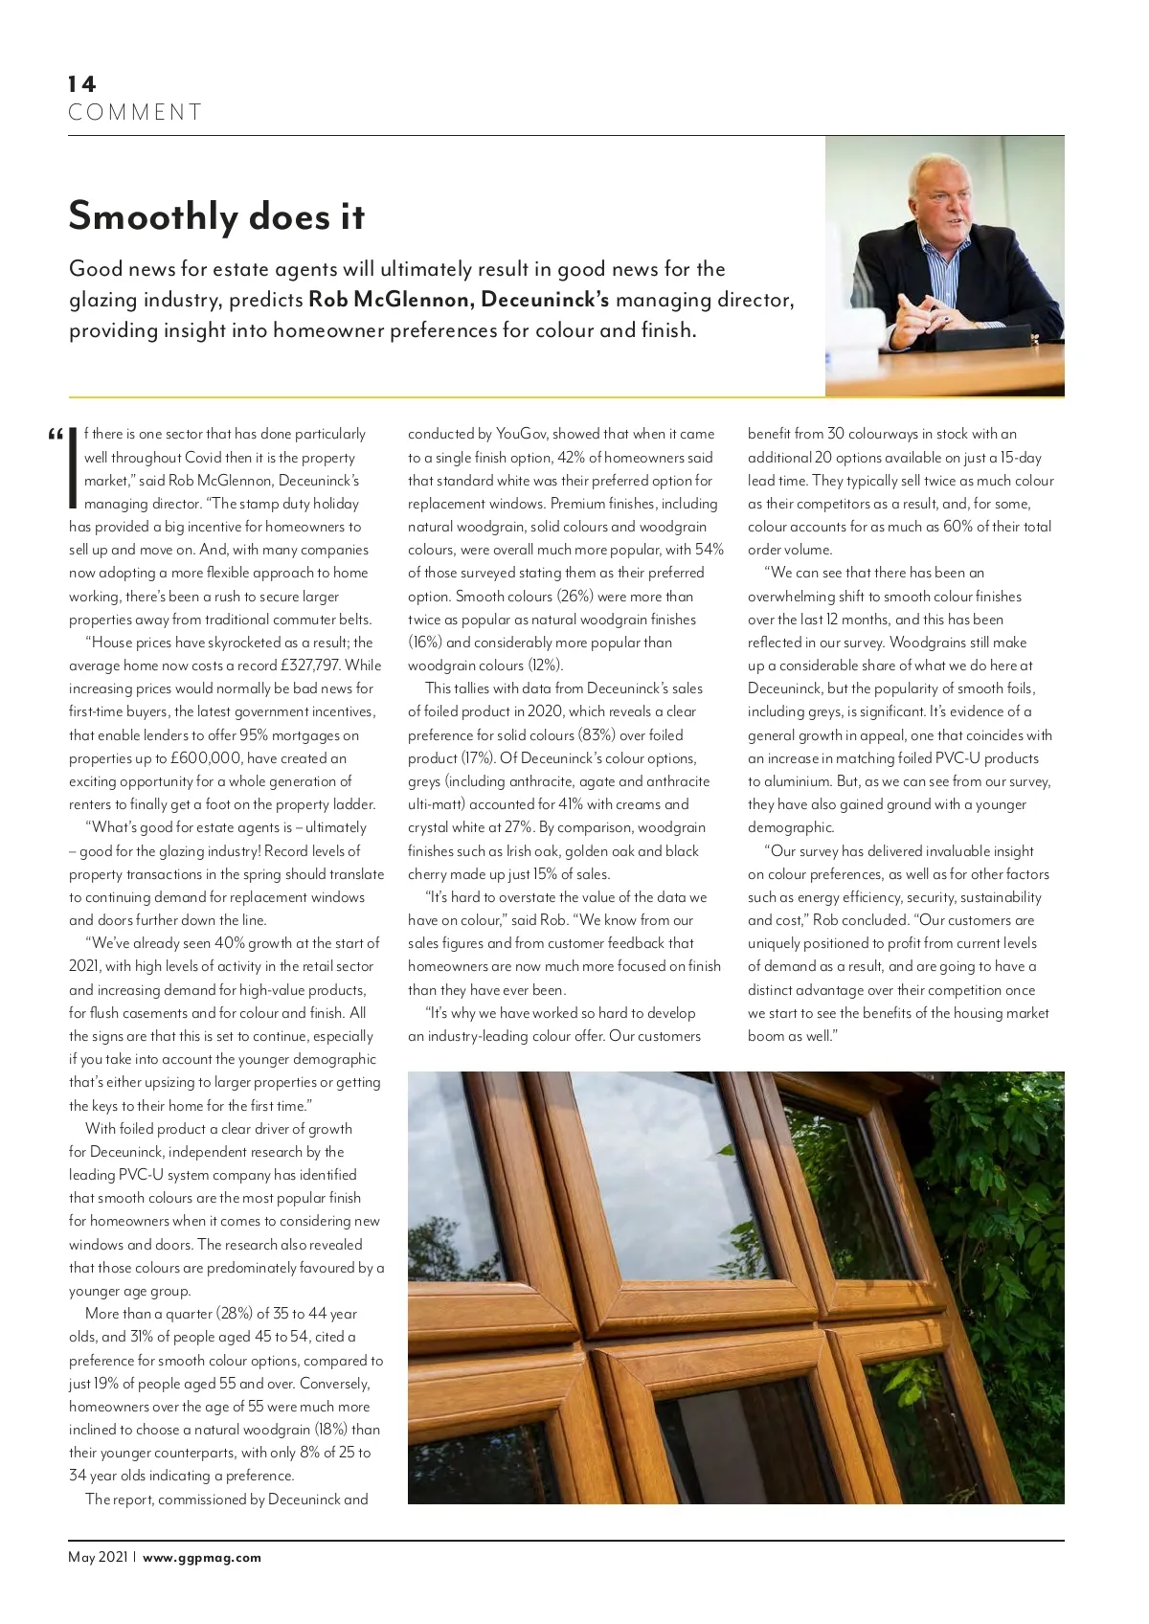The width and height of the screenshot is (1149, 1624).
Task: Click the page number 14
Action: click(82, 84)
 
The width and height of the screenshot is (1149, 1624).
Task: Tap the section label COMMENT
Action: click(135, 113)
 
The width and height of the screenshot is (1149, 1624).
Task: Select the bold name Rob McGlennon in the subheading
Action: click(390, 300)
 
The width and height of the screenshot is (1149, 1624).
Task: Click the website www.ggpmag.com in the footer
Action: click(202, 1557)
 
